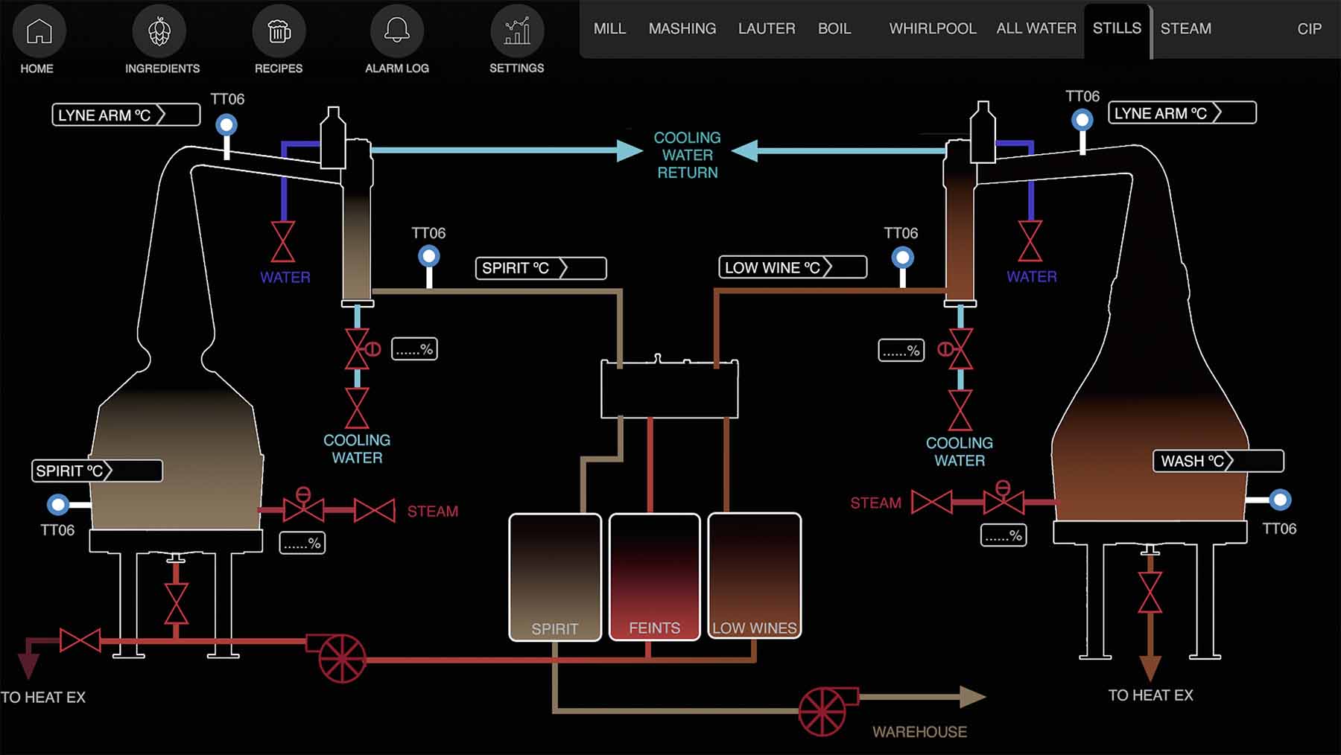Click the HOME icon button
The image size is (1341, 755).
[39, 31]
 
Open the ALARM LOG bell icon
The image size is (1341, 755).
[396, 31]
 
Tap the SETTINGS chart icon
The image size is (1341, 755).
[516, 31]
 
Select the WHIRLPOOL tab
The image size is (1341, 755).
[932, 28]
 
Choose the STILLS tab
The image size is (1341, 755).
[1116, 28]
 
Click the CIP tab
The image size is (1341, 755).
[1309, 28]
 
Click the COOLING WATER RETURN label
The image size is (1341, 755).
[687, 155]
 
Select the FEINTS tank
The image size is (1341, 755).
[654, 577]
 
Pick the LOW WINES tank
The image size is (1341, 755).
[754, 577]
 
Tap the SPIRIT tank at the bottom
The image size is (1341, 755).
[555, 577]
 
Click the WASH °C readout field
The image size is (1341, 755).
[1217, 461]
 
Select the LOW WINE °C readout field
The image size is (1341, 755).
[792, 267]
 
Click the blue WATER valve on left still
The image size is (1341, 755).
[283, 242]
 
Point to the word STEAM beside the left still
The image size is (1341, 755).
[432, 512]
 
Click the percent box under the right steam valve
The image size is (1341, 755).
[1003, 535]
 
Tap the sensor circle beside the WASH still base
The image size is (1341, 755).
[1280, 500]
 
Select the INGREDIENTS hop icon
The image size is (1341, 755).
[159, 31]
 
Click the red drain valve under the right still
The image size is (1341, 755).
[1150, 593]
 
